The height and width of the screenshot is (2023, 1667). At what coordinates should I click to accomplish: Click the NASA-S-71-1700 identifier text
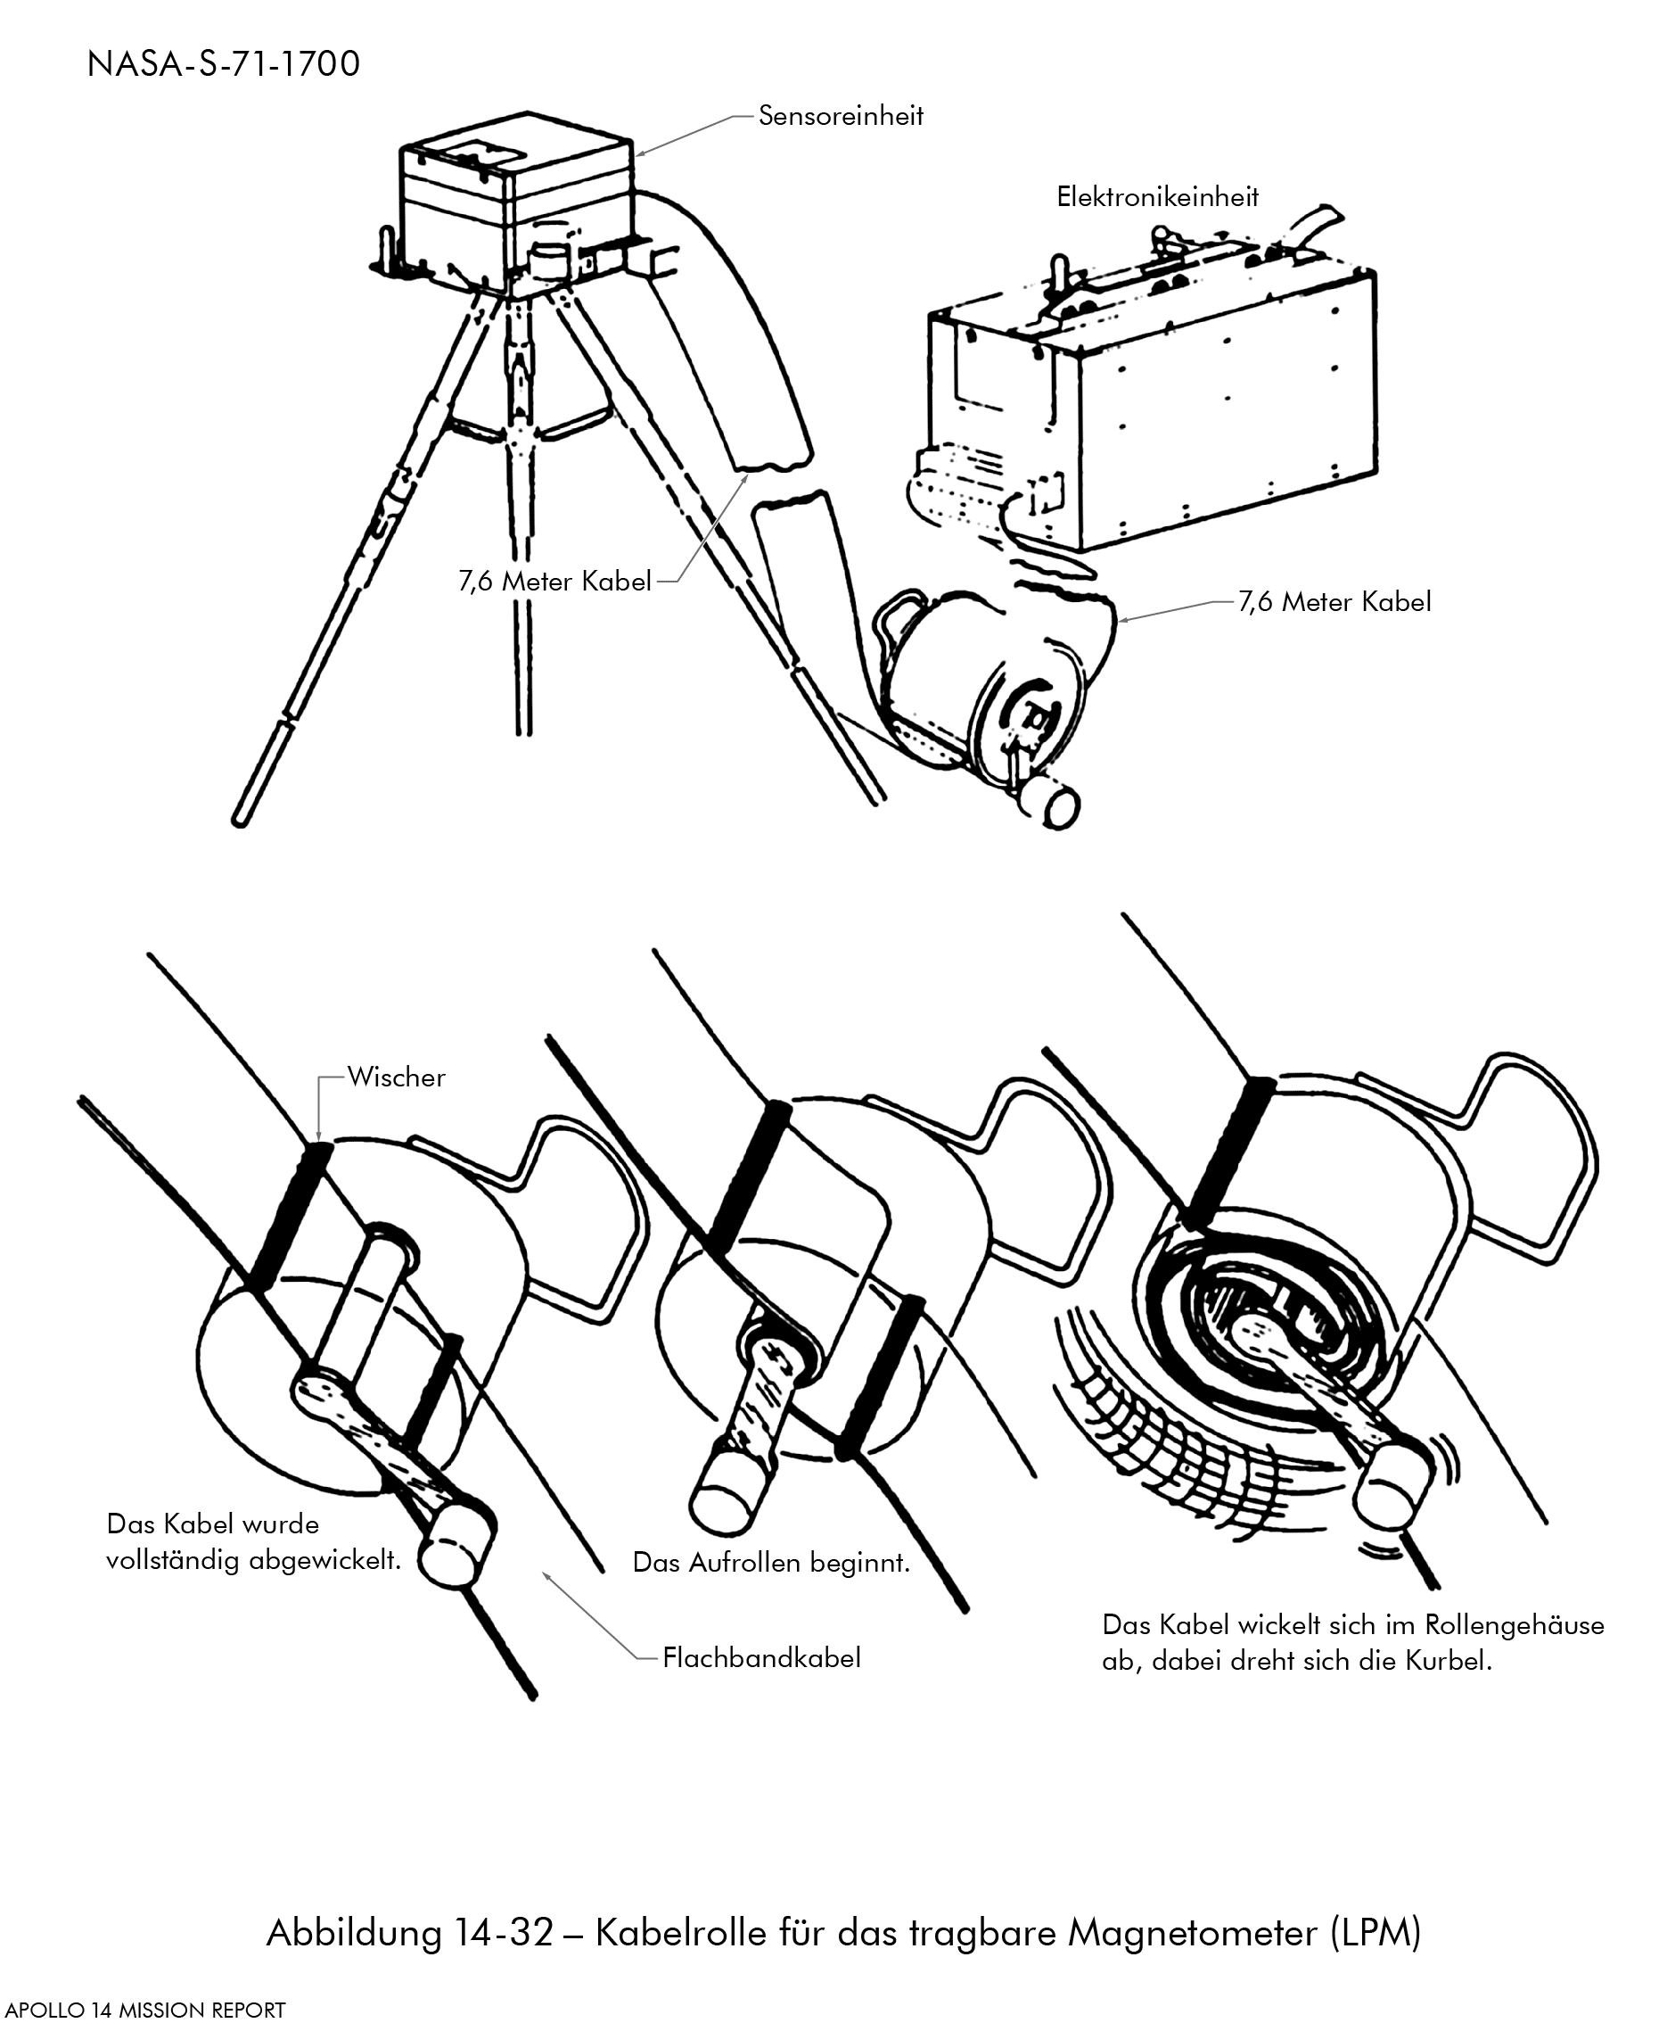pyautogui.click(x=223, y=64)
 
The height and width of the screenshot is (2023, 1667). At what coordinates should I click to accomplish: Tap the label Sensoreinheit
pyautogui.click(x=841, y=116)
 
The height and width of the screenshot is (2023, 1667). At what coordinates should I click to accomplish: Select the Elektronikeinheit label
pyautogui.click(x=1157, y=197)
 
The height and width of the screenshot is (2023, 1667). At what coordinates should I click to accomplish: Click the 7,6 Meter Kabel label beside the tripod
pyautogui.click(x=555, y=582)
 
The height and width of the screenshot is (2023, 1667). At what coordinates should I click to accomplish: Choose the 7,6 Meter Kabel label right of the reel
pyautogui.click(x=1334, y=602)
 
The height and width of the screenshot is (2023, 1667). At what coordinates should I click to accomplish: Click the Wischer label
pyautogui.click(x=397, y=1077)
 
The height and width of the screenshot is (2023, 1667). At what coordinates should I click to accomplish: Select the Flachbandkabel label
pyautogui.click(x=761, y=1657)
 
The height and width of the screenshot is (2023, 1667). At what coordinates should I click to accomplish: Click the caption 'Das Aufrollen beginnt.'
pyautogui.click(x=770, y=1562)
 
